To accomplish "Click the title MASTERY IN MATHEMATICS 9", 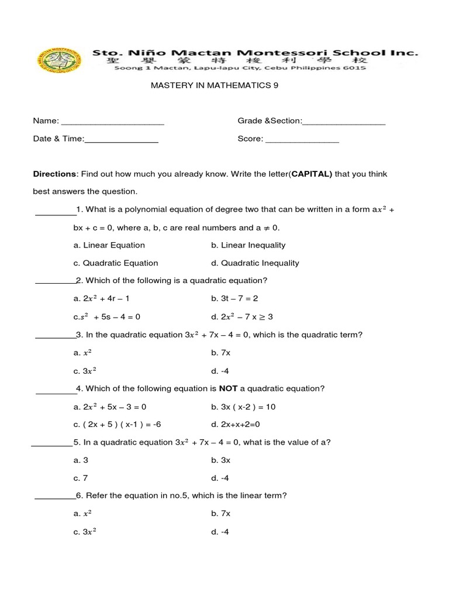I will pyautogui.click(x=215, y=85).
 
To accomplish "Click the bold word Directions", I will pyautogui.click(x=54, y=174).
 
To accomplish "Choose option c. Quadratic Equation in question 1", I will pyautogui.click(x=116, y=263).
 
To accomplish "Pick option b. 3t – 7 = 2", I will pyautogui.click(x=234, y=298).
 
